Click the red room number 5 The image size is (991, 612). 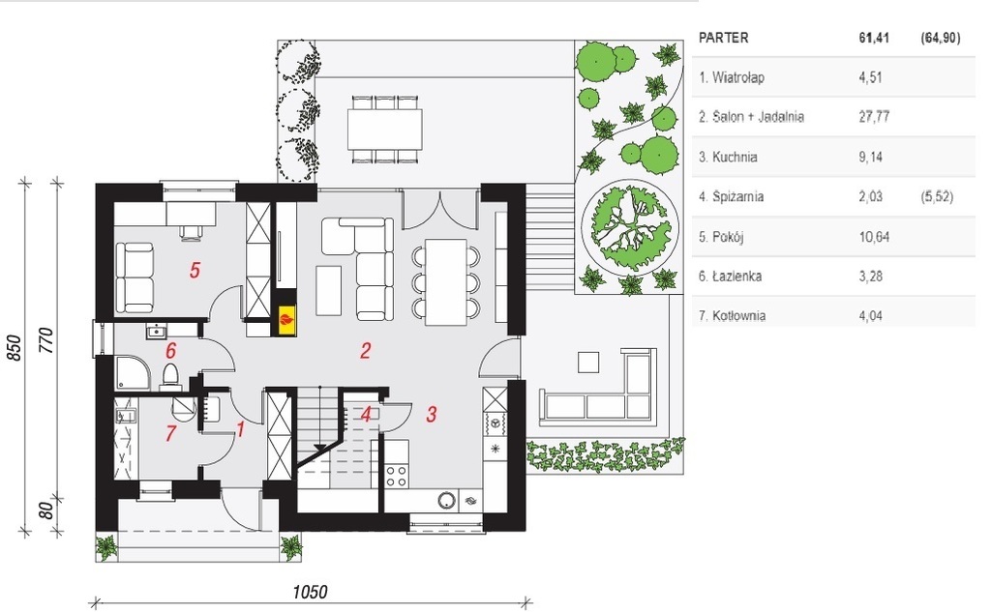[x=195, y=271]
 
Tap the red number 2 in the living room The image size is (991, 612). [x=365, y=351]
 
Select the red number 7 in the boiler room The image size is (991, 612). [x=170, y=433]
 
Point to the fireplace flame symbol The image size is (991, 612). [x=286, y=318]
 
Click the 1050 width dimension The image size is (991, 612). [x=310, y=592]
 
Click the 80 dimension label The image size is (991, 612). [x=46, y=510]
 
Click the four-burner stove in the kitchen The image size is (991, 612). [x=396, y=476]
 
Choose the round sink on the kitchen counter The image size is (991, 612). [x=447, y=501]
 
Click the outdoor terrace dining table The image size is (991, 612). [x=385, y=129]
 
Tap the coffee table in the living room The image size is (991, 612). [x=329, y=290]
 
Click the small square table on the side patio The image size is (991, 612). [x=588, y=362]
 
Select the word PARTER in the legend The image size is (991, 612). [x=723, y=38]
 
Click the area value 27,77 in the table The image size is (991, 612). [x=874, y=117]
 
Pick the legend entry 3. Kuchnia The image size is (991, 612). [x=728, y=157]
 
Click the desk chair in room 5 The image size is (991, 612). [x=192, y=232]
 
